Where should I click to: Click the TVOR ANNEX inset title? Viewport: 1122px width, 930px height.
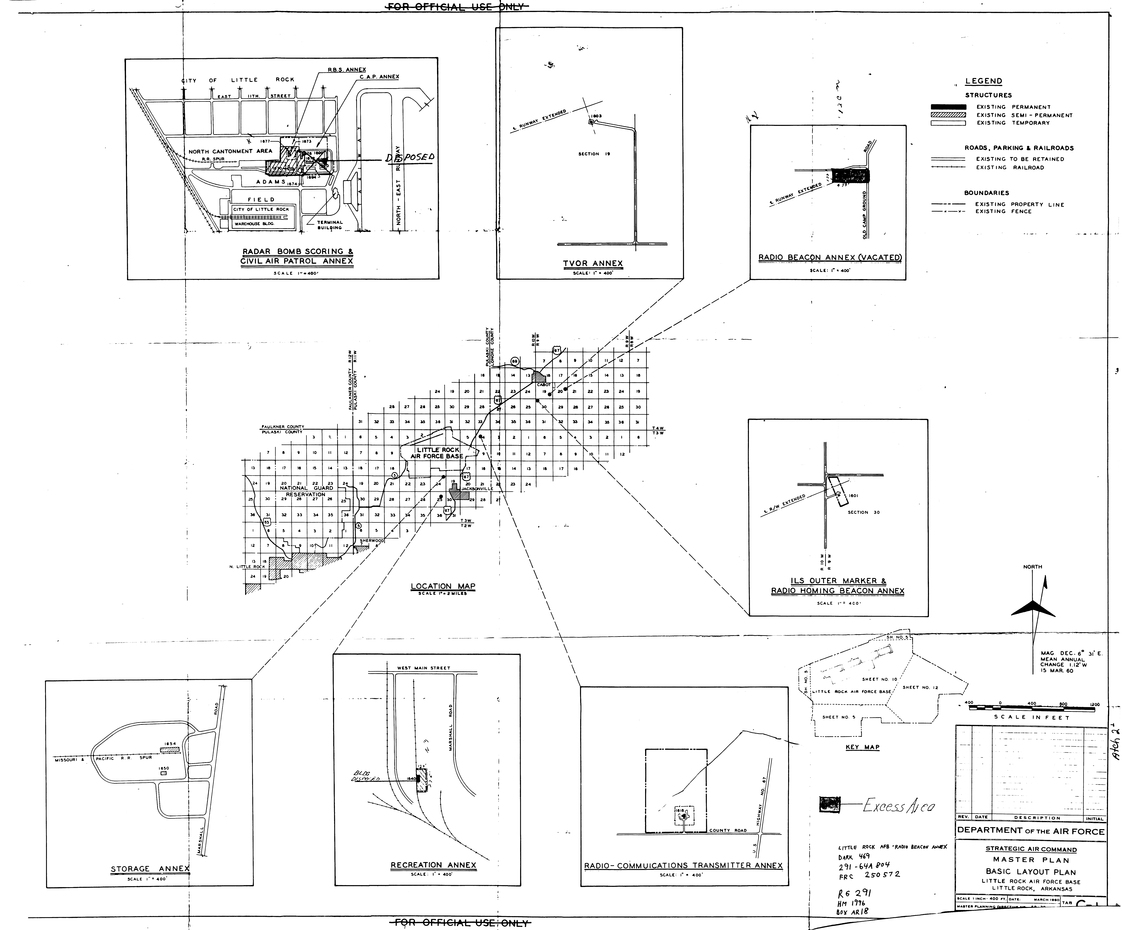[593, 263]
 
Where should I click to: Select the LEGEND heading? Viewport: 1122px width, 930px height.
[983, 81]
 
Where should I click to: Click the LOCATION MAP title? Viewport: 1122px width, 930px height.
[443, 586]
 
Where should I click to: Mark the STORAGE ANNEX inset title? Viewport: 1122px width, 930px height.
[150, 869]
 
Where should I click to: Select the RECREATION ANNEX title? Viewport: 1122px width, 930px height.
[433, 865]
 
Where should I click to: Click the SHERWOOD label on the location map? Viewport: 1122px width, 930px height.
[372, 540]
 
